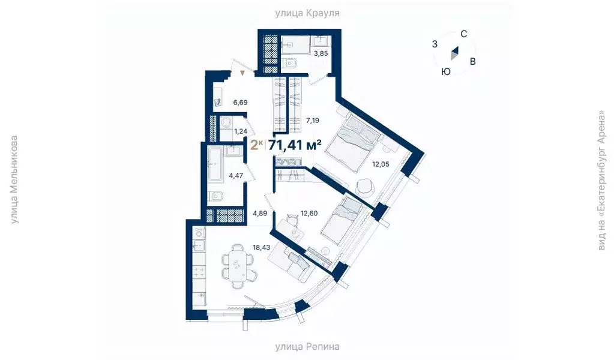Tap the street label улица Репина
[307, 347]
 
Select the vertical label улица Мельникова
[14, 180]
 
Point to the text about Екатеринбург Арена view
[601, 180]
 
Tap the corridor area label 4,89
[259, 213]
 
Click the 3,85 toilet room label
[321, 53]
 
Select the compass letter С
[464, 34]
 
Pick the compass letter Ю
[446, 71]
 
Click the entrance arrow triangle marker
[242, 73]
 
